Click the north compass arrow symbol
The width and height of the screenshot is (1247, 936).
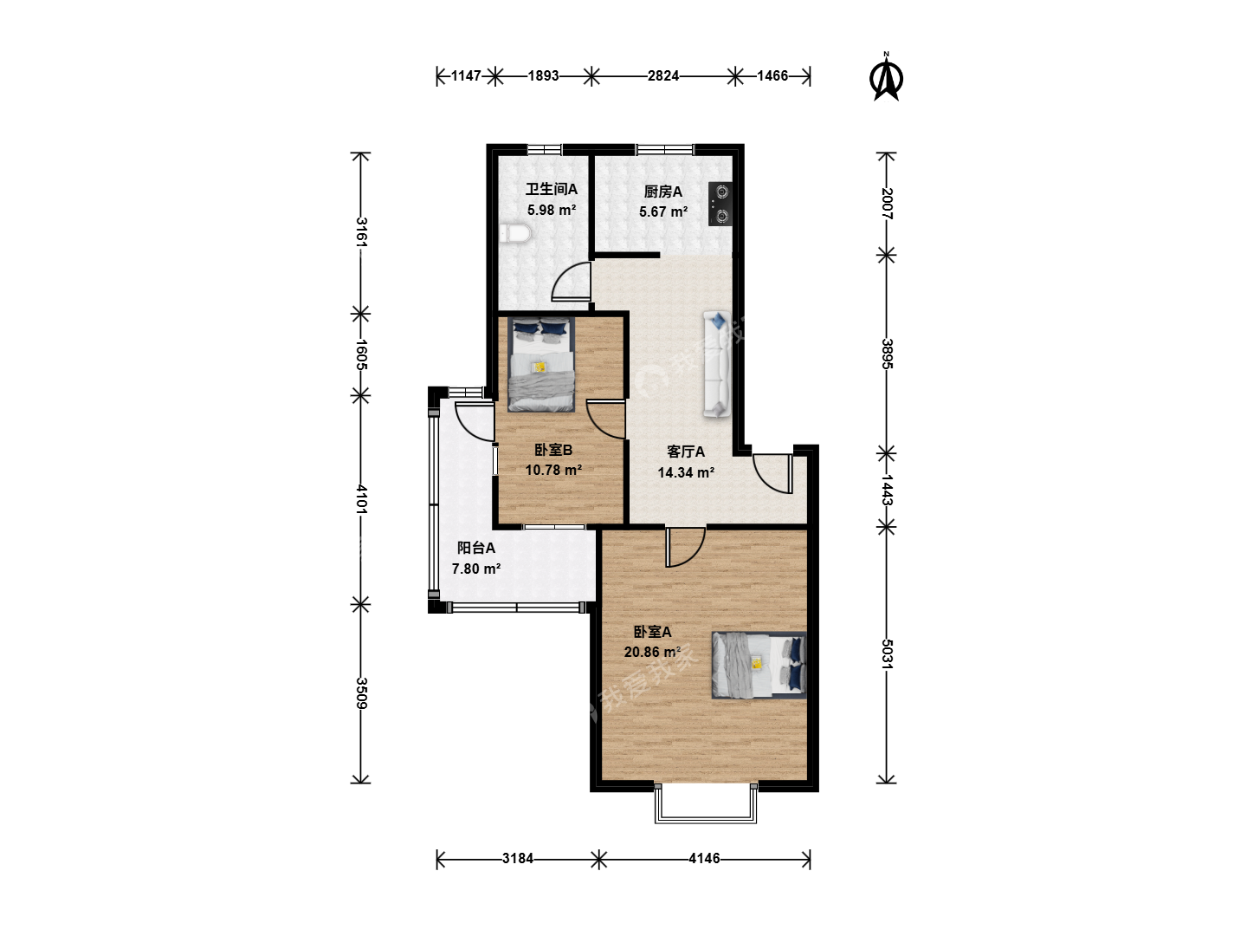tap(886, 77)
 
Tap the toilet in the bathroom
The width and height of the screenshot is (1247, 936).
tap(514, 233)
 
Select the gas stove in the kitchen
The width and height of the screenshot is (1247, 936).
tap(720, 204)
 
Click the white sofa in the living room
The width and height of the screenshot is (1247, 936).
tap(717, 365)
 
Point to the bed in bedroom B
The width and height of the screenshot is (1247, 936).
tap(541, 364)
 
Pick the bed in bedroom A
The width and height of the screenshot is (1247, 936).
tap(759, 665)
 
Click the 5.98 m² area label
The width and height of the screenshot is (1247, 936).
tap(551, 210)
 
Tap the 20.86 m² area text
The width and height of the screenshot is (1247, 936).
tap(652, 652)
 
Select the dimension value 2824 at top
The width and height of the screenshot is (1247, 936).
tap(663, 75)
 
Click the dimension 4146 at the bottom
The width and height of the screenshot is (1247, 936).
tap(704, 858)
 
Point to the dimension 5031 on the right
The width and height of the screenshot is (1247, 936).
tap(887, 654)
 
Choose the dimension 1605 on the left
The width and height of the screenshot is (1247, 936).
tap(361, 354)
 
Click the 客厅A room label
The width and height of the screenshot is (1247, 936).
tap(686, 452)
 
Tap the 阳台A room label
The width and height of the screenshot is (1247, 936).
tap(476, 548)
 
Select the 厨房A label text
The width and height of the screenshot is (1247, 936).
tap(663, 192)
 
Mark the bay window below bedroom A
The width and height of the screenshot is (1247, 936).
tap(706, 803)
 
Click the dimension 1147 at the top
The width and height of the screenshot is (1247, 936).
tap(466, 75)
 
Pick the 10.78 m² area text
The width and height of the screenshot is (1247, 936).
tap(553, 470)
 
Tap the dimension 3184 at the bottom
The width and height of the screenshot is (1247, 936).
tap(518, 858)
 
